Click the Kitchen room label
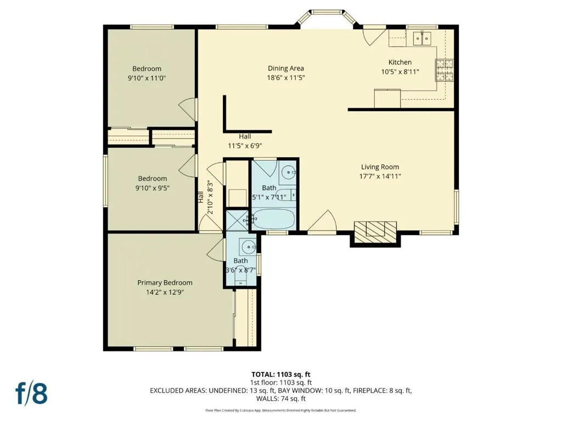[400, 62]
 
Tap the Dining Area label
[285, 68]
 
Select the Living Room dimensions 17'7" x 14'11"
[380, 176]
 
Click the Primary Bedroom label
[165, 283]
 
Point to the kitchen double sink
[422, 38]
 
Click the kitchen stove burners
[445, 70]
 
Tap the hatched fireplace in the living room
[375, 232]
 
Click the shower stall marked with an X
[237, 220]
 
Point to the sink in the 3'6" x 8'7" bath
[249, 247]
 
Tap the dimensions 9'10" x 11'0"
[147, 78]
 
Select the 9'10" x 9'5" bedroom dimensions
[153, 188]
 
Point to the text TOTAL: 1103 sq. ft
[281, 375]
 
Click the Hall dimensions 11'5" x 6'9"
[245, 146]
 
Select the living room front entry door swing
[322, 221]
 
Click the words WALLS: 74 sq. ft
[281, 398]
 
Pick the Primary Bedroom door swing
[215, 248]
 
